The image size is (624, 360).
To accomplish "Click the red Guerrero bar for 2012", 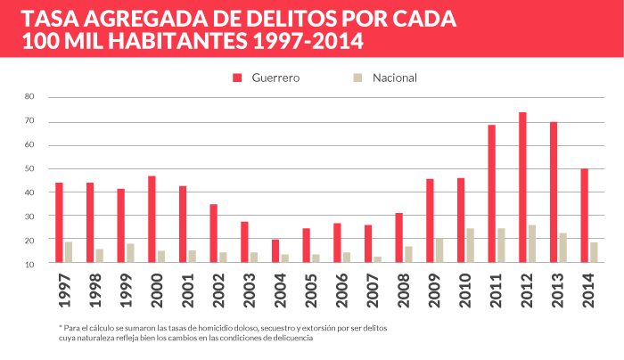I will pos(522,188).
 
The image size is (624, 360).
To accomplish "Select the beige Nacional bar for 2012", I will pos(531,244).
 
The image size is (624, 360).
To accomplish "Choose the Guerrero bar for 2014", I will pos(584,217).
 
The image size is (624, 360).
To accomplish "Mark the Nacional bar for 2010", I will pos(470,246).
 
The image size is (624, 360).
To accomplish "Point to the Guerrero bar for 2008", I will pos(398,239).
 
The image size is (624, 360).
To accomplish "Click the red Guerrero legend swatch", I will pos(237,78).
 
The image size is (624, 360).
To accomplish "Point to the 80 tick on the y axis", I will pos(29,96).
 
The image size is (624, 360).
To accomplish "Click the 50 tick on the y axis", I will pos(29,168).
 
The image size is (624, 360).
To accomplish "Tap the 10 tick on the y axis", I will pos(29,264).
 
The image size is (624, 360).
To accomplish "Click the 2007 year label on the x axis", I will pos(372,286).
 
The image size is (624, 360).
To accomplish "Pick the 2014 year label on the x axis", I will pos(588,286).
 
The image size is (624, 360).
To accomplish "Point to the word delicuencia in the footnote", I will pos(286,339).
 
